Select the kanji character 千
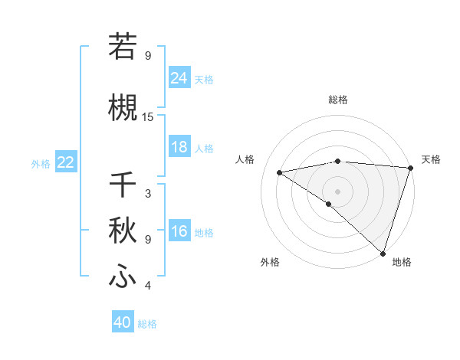pos(123,185)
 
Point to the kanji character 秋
pos(123,230)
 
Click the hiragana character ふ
pos(123,276)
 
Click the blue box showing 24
pos(179,78)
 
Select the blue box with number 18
pos(179,148)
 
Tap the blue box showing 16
pos(179,232)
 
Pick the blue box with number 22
pos(66,162)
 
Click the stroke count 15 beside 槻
pos(148,116)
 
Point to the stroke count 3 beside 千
pos(148,194)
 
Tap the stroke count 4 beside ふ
pos(148,286)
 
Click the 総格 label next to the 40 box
pos(148,324)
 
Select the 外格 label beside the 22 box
pos(41,163)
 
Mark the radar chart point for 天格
pos(410,168)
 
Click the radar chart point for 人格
pos(280,172)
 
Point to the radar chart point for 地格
pos(383,253)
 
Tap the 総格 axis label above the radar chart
pos(337,100)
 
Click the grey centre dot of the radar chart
pos(337,191)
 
